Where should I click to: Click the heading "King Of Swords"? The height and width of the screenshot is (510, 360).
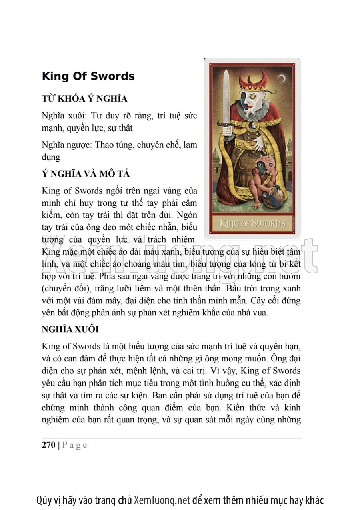coord(88,76)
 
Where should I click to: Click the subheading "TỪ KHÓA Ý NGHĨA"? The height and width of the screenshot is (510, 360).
coord(84,99)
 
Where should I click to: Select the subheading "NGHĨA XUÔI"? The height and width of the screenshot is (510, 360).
coord(70,329)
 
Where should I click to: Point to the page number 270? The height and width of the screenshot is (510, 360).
coord(48,445)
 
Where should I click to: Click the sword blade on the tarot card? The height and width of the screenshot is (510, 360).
coord(226,100)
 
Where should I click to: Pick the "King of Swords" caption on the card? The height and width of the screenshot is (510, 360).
coord(252,223)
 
